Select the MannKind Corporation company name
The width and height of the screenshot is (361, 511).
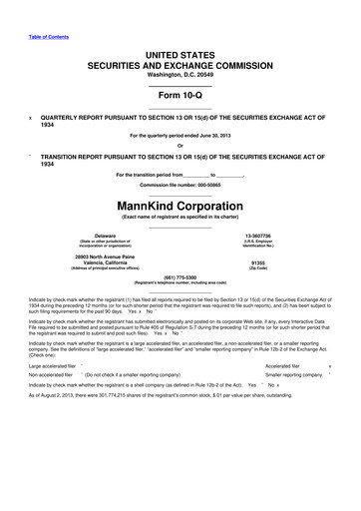pyautogui.click(x=180, y=207)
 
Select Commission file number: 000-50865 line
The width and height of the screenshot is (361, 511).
pyautogui.click(x=180, y=186)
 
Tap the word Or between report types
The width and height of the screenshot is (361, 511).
pyautogui.click(x=180, y=145)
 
